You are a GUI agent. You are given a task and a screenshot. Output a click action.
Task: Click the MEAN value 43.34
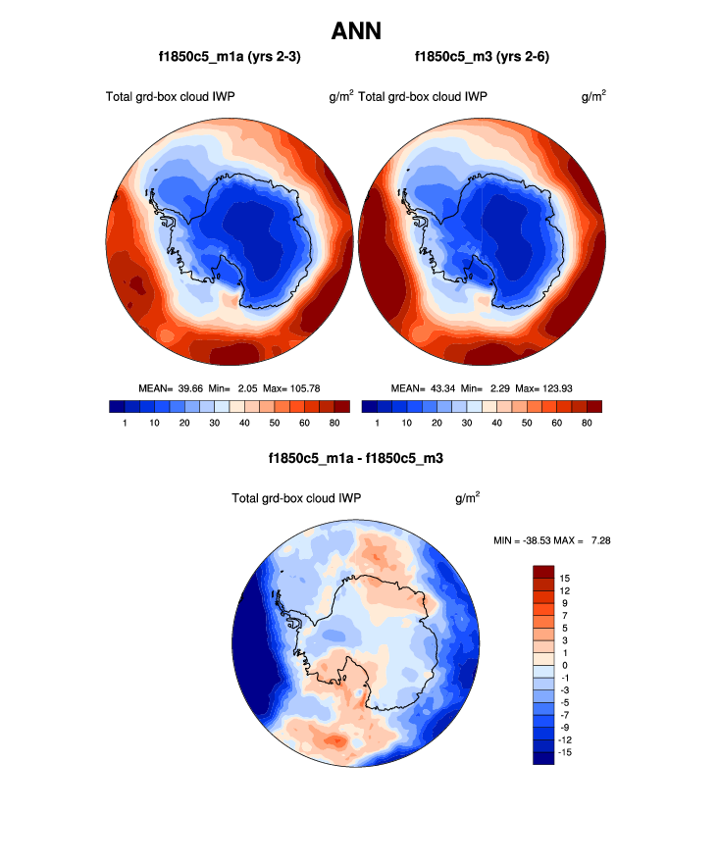click(443, 388)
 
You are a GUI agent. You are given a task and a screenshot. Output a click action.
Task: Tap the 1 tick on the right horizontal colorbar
click(378, 423)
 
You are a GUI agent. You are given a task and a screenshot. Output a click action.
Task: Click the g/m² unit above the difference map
click(467, 498)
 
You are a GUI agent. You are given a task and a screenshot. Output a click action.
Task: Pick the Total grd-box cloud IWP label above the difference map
click(295, 499)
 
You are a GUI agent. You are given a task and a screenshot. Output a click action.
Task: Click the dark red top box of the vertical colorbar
click(544, 572)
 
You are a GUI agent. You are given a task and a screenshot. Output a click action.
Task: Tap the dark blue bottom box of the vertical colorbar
click(544, 757)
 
